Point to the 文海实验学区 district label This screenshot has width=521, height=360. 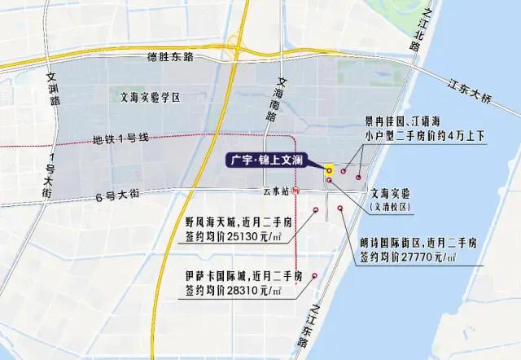click(x=148, y=97)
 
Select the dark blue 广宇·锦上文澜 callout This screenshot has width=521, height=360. click(x=268, y=161)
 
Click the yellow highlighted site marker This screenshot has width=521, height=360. click(x=329, y=170)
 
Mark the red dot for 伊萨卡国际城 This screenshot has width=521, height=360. click(x=314, y=278)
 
